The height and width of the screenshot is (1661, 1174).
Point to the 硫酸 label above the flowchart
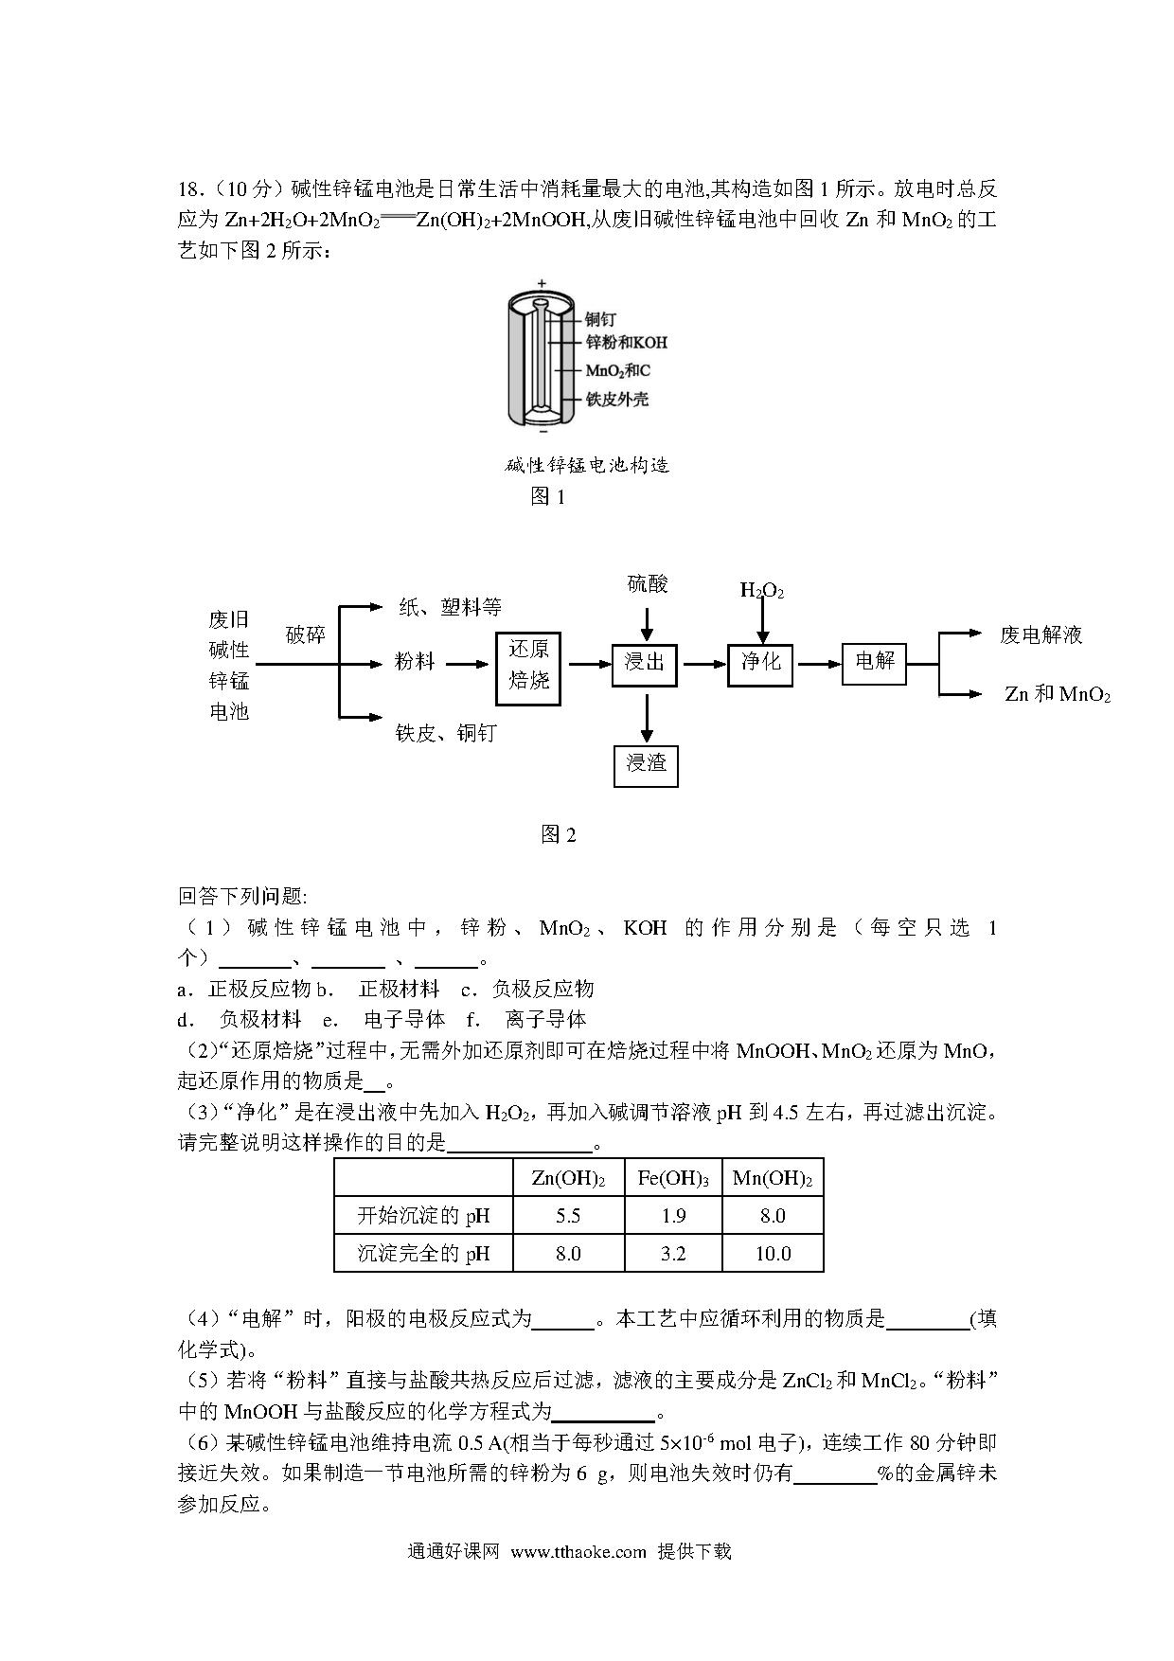[x=647, y=584]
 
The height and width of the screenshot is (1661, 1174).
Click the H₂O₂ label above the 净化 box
[x=762, y=592]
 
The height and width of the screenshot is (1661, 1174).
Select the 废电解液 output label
[x=1041, y=635]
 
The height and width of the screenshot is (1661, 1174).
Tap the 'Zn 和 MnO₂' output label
[x=1057, y=694]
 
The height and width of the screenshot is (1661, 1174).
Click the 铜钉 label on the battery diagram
[x=600, y=319]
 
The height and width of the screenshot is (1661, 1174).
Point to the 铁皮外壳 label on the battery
[x=617, y=400]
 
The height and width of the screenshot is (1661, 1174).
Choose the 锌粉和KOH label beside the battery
[x=627, y=342]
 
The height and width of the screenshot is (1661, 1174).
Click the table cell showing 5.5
[x=568, y=1216]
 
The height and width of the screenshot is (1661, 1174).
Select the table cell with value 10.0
[x=773, y=1254]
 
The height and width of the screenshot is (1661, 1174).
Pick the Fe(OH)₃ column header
[x=673, y=1179]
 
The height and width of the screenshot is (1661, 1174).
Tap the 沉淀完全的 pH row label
[x=423, y=1254]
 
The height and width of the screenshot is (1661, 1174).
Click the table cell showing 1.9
[x=673, y=1216]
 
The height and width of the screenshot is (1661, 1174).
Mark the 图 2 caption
[x=559, y=834]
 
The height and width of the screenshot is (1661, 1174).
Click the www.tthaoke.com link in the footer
[x=578, y=1551]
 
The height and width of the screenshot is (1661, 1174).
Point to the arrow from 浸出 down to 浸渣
[x=647, y=717]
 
